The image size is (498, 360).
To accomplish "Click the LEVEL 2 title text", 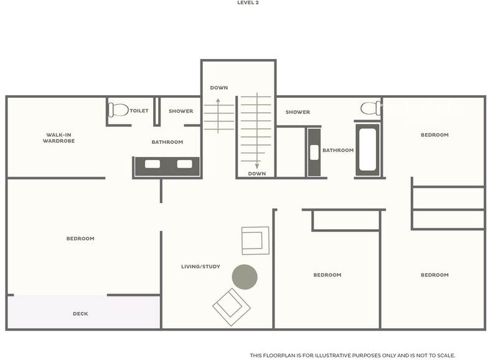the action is (248, 2).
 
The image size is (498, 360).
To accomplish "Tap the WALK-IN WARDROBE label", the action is (59, 138).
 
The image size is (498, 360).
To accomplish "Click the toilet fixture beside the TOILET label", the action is (118, 110).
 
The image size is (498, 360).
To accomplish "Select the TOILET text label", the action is (139, 111).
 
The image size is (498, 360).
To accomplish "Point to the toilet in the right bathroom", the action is (370, 108).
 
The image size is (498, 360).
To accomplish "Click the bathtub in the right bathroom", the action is (368, 149).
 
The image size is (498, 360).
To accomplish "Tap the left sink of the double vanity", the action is (153, 164).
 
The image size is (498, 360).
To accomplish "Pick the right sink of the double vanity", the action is (184, 164).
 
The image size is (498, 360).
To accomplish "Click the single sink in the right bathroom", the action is (314, 152).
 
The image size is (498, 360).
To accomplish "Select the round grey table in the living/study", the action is (245, 277).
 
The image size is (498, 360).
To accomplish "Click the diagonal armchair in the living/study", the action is (232, 307).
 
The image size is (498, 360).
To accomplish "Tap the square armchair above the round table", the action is (255, 240).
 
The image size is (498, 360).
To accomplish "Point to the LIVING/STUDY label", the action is (200, 267).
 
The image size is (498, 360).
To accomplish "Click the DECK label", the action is (80, 314).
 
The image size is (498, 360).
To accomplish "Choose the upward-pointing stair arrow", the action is (218, 116).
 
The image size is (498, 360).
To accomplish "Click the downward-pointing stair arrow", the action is (257, 131).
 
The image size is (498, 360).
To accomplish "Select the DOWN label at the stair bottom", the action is (257, 174).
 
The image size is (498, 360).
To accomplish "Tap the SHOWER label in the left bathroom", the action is (181, 111).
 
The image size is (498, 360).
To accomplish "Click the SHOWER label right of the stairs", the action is (298, 112).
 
